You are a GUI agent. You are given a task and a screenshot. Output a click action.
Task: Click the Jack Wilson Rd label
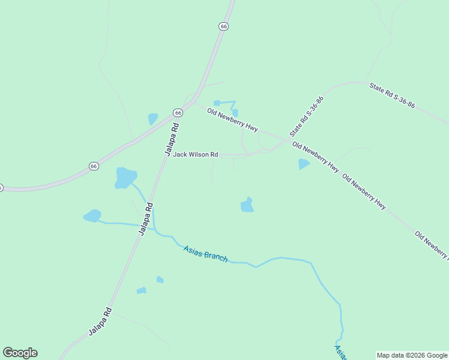196,155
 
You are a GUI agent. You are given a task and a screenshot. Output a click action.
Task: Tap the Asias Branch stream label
206,254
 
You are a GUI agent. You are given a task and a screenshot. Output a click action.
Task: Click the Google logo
20,353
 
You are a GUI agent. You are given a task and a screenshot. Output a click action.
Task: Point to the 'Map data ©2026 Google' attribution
412,355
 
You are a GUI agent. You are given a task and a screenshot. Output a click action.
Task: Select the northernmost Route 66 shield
223,26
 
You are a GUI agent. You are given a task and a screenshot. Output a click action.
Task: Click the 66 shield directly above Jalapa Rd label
178,113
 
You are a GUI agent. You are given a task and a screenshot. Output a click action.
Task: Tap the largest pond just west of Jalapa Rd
125,178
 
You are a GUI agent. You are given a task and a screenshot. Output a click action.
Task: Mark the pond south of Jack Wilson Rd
247,205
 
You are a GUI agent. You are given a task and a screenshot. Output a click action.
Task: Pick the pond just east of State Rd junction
304,164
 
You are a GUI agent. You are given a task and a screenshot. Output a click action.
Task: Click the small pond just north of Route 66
153,119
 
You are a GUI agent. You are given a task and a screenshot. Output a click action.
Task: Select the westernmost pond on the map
92,216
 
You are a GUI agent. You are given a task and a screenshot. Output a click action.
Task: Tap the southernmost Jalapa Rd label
100,322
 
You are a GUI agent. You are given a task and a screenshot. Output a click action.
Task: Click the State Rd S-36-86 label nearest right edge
392,95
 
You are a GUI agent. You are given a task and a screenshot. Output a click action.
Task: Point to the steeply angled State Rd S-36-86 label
306,116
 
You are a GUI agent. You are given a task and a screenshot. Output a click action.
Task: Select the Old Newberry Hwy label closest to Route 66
232,120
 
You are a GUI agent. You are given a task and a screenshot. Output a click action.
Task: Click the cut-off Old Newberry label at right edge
432,246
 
